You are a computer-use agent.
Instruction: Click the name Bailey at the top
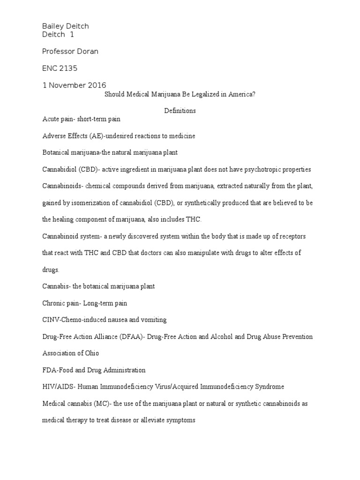pos(53,26)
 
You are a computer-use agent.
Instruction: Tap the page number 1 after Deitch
pos(72,35)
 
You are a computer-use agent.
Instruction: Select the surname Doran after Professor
pos(88,52)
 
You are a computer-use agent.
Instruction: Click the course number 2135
pos(68,68)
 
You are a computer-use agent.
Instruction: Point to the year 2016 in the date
pos(97,85)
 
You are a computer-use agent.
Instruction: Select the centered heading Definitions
pos(180,111)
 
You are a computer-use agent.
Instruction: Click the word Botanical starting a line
pos(57,153)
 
